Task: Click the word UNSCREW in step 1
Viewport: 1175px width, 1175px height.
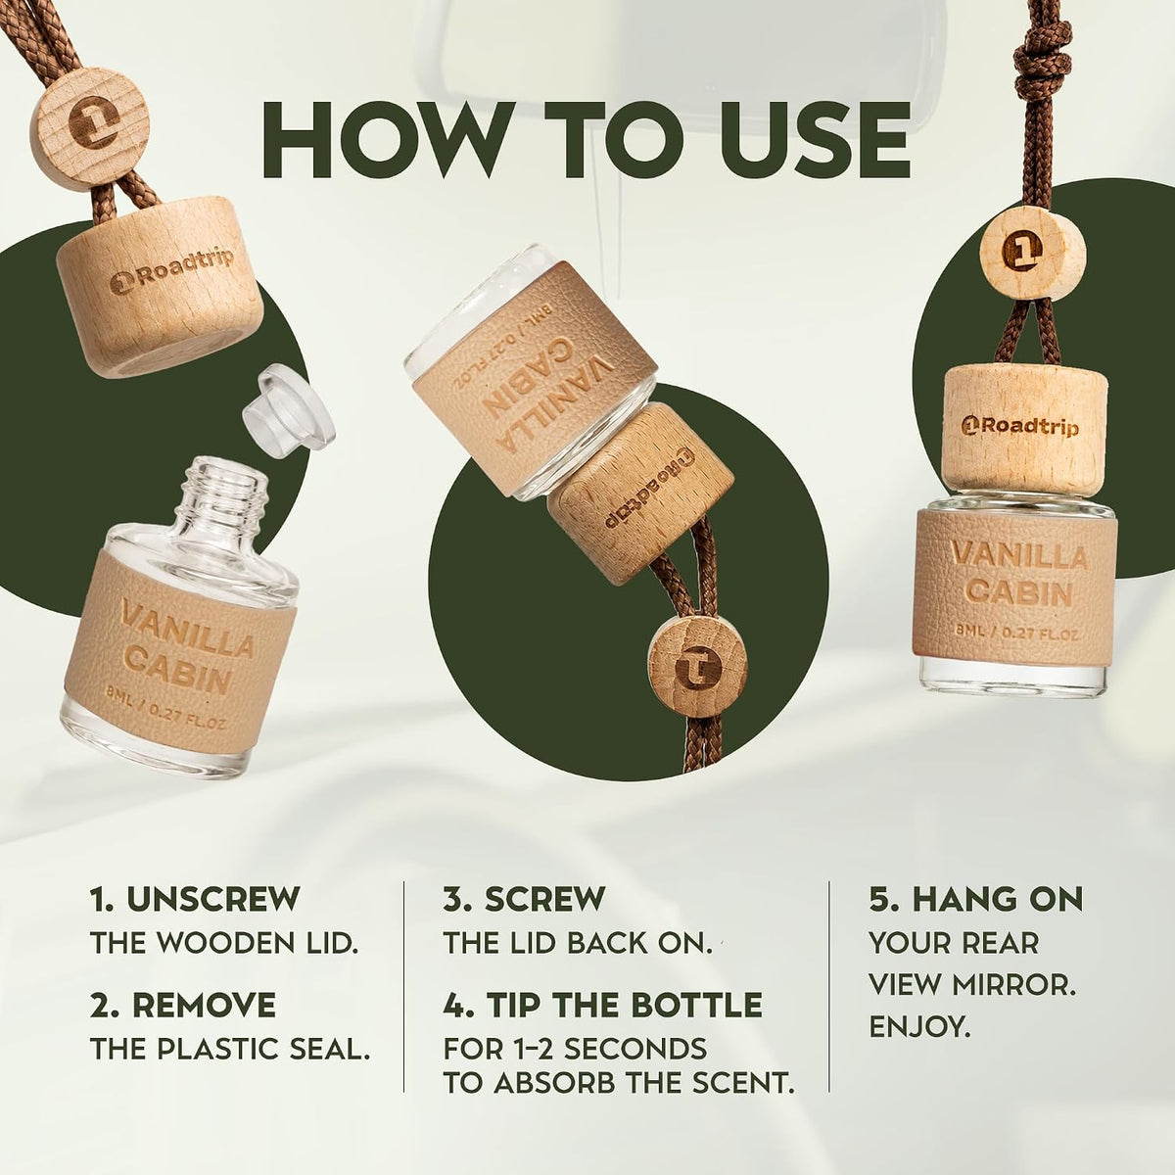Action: tap(212, 899)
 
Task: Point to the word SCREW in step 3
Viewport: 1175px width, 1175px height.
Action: tap(544, 899)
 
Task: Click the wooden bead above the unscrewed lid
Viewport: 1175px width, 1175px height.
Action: tap(93, 118)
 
